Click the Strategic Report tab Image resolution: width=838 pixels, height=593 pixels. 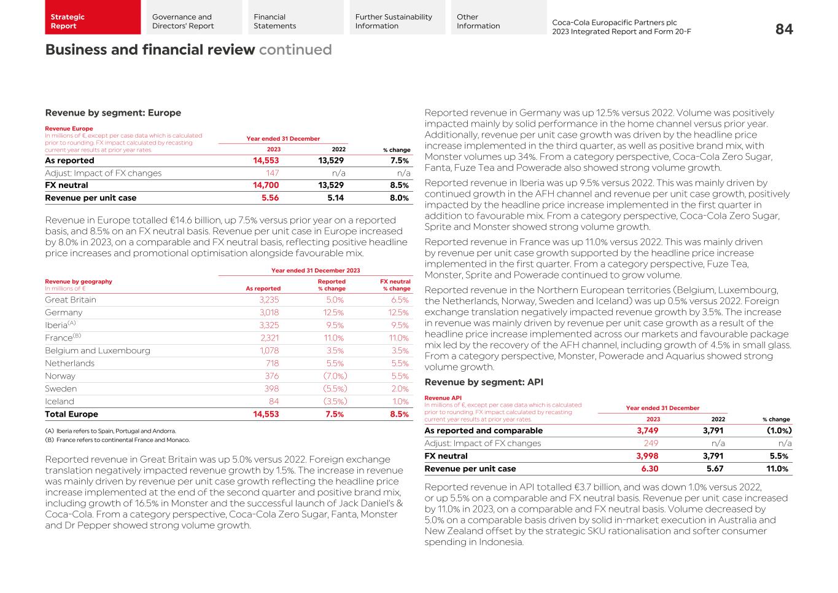point(93,22)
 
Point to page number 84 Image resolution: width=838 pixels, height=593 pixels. point(784,29)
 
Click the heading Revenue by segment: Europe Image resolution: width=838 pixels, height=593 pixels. point(113,113)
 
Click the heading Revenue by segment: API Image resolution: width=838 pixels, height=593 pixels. point(484,382)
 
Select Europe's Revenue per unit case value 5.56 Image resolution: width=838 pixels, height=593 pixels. point(270,198)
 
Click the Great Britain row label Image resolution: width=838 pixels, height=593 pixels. point(71,300)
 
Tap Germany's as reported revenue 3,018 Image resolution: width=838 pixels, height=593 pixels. point(269,313)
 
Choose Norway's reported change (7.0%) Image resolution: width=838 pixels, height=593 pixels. point(335,376)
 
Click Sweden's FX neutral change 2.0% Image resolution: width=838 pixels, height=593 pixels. point(400,389)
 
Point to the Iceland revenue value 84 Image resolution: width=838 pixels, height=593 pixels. point(274,401)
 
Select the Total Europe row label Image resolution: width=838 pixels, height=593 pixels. point(71,414)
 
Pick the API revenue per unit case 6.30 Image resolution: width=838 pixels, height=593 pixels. point(650,469)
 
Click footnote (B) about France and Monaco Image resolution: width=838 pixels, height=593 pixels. point(117,440)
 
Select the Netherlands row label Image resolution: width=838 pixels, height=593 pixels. point(69,363)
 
